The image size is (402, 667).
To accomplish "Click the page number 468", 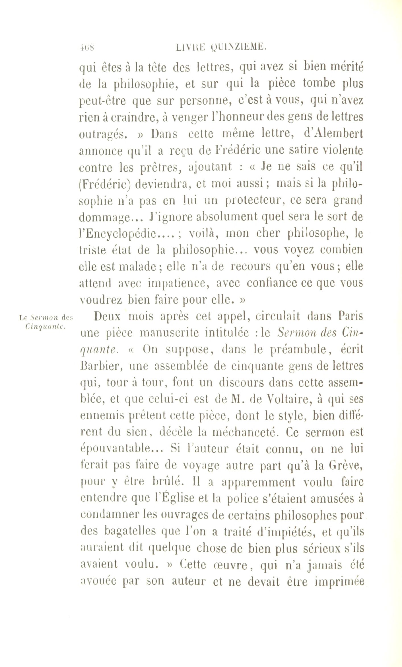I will click(x=87, y=46).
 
